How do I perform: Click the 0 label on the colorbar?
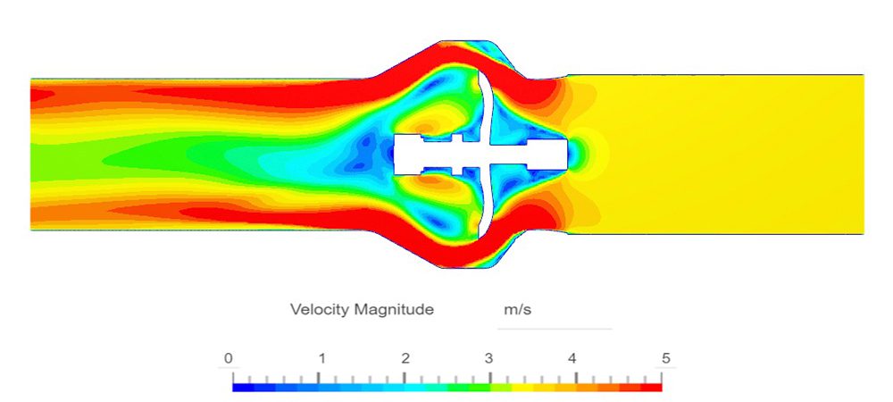(230, 359)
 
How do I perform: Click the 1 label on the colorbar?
(321, 359)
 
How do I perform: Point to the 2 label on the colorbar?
(405, 359)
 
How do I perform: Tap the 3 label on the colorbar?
(488, 359)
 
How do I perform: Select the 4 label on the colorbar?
(572, 359)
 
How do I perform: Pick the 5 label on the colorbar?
(664, 359)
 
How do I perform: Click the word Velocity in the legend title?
(320, 310)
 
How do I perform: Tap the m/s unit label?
(518, 310)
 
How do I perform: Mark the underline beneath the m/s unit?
(554, 329)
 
